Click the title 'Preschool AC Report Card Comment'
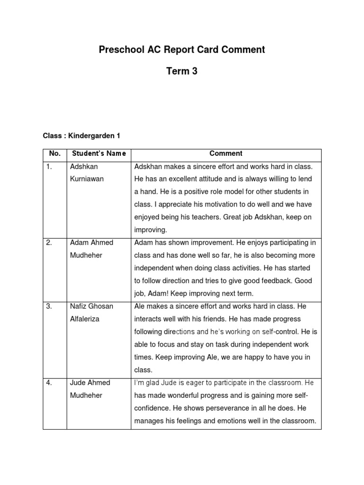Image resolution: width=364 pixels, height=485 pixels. pyautogui.click(x=182, y=50)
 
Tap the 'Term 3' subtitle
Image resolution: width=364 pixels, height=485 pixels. pyautogui.click(x=182, y=72)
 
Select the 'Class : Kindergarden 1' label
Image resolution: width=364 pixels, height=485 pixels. pyautogui.click(x=82, y=136)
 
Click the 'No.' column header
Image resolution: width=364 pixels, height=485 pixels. pyautogui.click(x=55, y=153)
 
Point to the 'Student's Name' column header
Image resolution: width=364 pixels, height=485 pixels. pyautogui.click(x=99, y=153)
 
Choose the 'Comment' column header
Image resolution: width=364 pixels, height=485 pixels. pyautogui.click(x=226, y=153)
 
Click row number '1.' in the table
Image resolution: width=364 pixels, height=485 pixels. pyautogui.click(x=49, y=167)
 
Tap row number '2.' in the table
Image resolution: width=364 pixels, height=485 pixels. pyautogui.click(x=49, y=242)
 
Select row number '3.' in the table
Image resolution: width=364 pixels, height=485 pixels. pyautogui.click(x=49, y=306)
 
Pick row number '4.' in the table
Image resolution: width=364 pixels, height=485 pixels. pyautogui.click(x=49, y=383)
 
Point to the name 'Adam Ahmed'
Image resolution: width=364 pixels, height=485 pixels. pyautogui.click(x=91, y=242)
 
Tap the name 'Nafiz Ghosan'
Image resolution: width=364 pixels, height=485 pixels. pyautogui.click(x=91, y=306)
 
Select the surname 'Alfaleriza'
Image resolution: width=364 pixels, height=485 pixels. pyautogui.click(x=85, y=319)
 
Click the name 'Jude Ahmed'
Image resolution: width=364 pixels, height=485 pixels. pyautogui.click(x=90, y=383)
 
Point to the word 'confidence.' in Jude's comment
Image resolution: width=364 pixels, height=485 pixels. pyautogui.click(x=153, y=408)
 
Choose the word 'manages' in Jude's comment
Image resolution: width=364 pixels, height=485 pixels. pyautogui.click(x=148, y=421)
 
